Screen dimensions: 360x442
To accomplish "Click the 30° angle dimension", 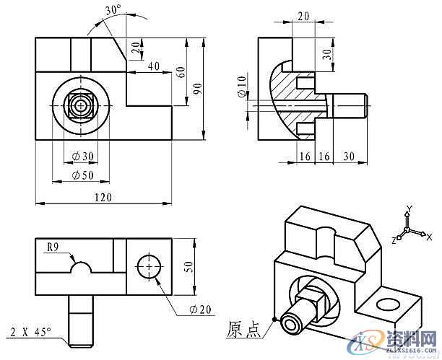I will [112, 10].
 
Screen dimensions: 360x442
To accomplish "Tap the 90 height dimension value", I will [194, 87].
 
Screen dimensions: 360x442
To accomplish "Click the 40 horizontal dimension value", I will [153, 66].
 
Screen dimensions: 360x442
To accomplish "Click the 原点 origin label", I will [244, 329].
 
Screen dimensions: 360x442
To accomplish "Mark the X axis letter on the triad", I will [428, 237].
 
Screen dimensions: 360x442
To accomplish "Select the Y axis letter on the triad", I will [408, 209].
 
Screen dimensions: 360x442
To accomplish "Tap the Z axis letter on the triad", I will [394, 238].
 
